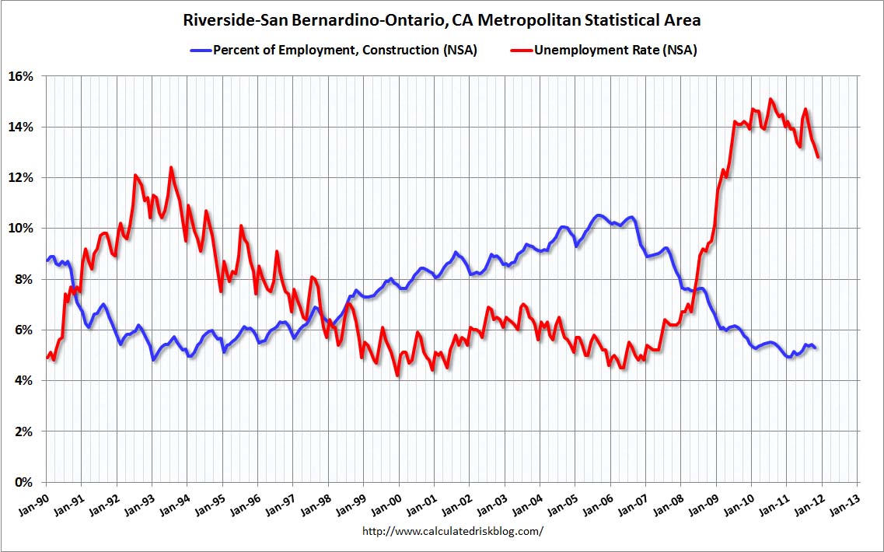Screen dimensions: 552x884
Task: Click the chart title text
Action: pyautogui.click(x=442, y=19)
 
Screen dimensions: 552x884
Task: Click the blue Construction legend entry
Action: pyautogui.click(x=334, y=51)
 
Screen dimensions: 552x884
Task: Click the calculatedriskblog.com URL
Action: pyautogui.click(x=453, y=531)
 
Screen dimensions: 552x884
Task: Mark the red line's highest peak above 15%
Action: pyautogui.click(x=770, y=99)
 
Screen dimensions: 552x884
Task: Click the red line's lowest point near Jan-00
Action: pyautogui.click(x=397, y=376)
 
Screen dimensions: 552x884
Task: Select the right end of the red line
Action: pyautogui.click(x=819, y=158)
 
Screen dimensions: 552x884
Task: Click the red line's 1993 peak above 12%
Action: pyautogui.click(x=171, y=167)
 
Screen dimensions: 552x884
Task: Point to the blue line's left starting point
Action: pyautogui.click(x=47, y=260)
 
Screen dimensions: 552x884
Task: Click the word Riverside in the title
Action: pyautogui.click(x=220, y=19)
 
